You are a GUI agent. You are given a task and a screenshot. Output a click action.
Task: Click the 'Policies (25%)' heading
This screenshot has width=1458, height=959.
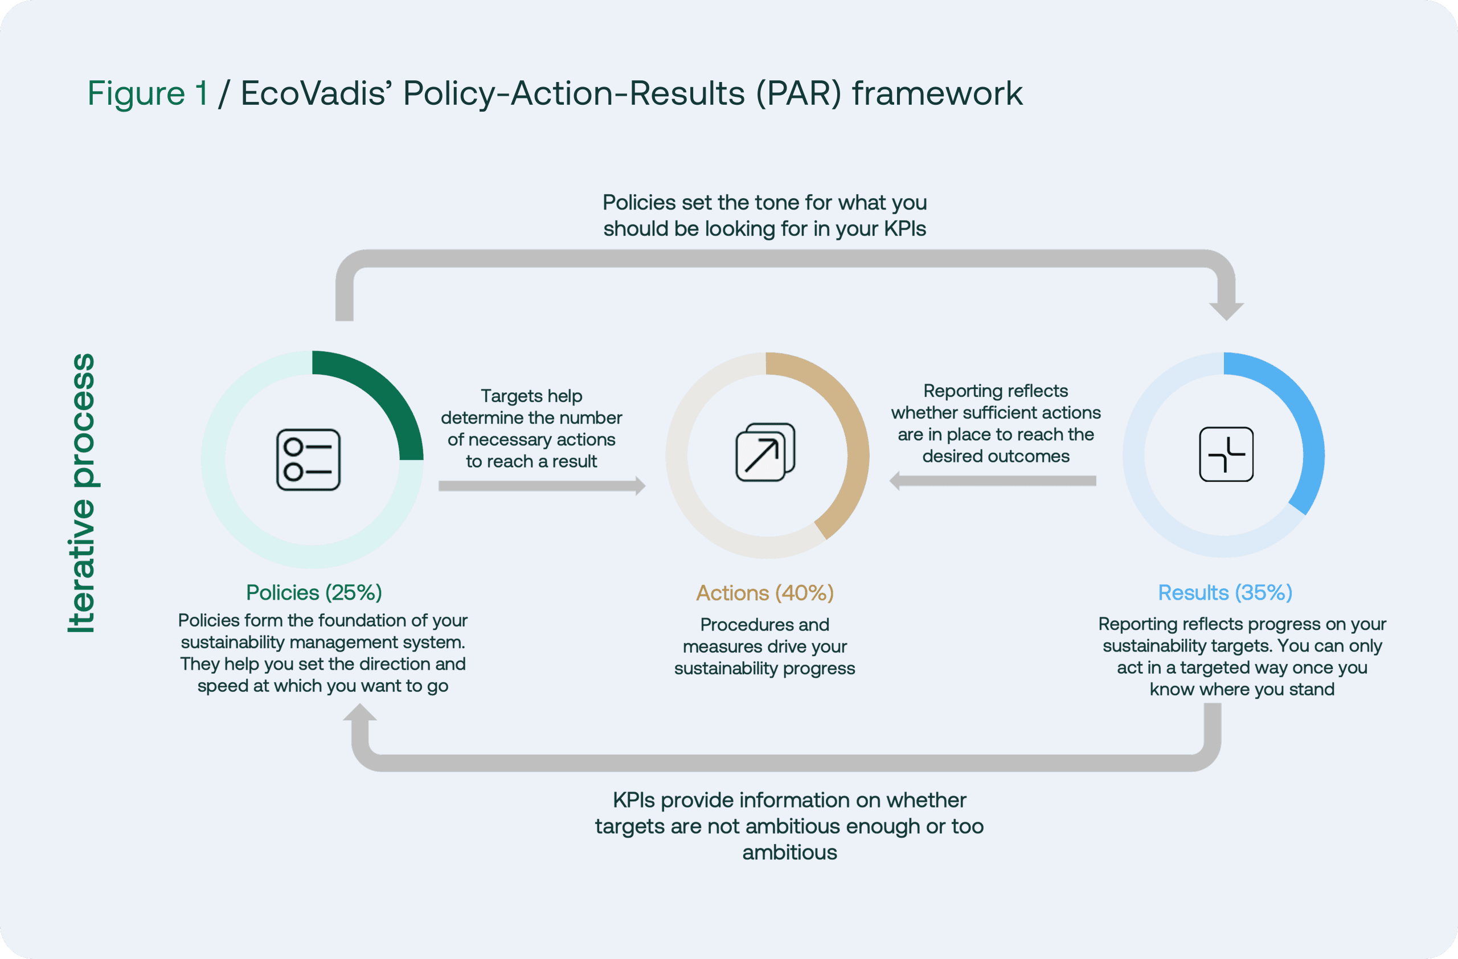coord(314,593)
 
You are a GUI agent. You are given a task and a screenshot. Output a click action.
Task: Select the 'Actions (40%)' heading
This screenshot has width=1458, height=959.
coord(765,593)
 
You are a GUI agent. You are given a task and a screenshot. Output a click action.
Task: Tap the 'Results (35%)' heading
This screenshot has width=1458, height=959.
coord(1224,593)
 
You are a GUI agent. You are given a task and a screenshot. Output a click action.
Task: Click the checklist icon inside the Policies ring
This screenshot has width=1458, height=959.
coord(308,460)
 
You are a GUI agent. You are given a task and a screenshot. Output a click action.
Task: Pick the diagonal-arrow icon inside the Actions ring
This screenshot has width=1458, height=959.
coord(765,453)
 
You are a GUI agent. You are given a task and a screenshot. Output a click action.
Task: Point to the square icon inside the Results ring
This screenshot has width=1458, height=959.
coord(1226,454)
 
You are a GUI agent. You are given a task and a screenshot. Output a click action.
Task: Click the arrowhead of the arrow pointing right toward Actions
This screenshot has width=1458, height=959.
coord(640,486)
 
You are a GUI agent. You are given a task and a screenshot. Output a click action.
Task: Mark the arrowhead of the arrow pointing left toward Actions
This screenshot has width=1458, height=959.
coord(895,481)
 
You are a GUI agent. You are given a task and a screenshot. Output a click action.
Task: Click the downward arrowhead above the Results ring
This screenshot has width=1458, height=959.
coord(1226,311)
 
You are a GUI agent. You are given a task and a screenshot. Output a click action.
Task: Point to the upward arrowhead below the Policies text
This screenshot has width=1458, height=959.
coord(359,712)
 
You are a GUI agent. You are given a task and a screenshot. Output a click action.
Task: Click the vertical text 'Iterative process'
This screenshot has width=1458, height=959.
coord(81,493)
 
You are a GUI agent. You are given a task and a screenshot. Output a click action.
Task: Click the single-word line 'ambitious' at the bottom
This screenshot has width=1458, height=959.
coord(789,853)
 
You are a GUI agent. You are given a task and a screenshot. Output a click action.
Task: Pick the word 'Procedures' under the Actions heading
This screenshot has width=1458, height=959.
coord(730,625)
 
